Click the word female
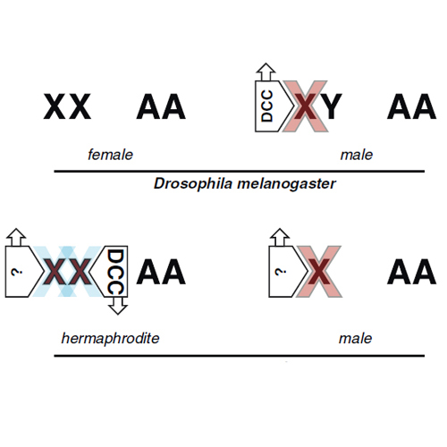tap(110, 155)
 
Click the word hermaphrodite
tap(110, 339)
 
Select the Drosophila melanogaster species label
tap(245, 183)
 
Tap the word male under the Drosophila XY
tap(357, 155)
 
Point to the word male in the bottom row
tap(355, 339)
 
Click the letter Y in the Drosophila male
tap(332, 106)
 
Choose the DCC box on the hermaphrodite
tap(113, 271)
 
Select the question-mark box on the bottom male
tap(285, 272)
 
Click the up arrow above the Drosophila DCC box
tap(266, 72)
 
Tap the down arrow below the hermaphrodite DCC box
tap(118, 306)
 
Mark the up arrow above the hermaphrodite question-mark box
tap(16, 237)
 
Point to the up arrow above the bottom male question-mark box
tap(280, 237)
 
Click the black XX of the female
tap(67, 106)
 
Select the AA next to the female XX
tap(161, 106)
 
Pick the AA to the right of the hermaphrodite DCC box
tap(161, 272)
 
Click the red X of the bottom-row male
tap(319, 272)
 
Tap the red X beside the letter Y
tap(306, 106)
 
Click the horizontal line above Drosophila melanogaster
tap(240, 172)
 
